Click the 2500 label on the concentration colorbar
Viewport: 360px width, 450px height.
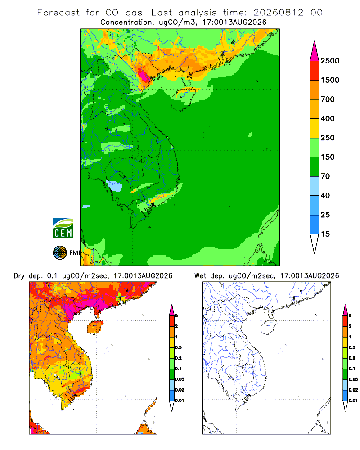(330, 61)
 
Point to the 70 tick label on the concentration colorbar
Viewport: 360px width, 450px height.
(325, 176)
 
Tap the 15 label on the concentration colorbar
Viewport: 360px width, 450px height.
(325, 234)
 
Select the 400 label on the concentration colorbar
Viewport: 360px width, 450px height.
(328, 118)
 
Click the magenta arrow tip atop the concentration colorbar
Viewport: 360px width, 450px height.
(315, 51)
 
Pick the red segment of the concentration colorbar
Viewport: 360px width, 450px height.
(315, 71)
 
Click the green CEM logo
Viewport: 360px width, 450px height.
(63, 229)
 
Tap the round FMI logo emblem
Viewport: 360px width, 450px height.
(60, 253)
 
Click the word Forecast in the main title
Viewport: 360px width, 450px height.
(58, 13)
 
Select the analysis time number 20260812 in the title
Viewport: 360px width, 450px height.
(278, 13)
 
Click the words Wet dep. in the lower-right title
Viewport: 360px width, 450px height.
(209, 276)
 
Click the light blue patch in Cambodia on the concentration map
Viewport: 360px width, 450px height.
(115, 186)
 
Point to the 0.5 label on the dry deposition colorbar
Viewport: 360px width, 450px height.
(178, 347)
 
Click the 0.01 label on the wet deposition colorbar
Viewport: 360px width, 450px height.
(353, 400)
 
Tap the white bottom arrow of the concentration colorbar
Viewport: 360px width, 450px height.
(315, 243)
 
